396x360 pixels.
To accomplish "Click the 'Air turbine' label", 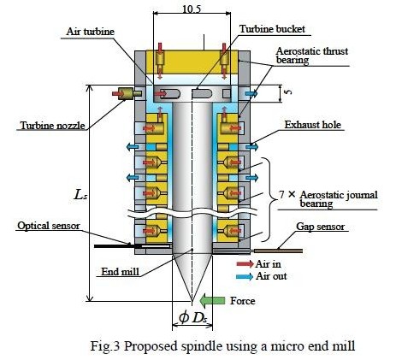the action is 90,32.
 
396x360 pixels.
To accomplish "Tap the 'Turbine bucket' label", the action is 272,29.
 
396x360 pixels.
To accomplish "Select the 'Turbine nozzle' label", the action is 53,126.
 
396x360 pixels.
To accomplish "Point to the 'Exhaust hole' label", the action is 313,125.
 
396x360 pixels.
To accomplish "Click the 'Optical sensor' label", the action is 49,226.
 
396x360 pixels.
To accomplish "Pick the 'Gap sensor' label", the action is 321,227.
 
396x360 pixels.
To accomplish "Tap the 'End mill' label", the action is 121,272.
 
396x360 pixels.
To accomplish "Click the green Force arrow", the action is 212,300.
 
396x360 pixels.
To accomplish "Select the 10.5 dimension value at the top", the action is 192,9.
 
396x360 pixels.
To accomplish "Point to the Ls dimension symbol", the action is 80,195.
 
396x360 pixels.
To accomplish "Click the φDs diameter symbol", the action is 192,317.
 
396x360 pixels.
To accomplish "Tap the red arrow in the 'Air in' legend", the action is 245,264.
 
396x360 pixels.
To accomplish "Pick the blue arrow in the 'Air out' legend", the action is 245,276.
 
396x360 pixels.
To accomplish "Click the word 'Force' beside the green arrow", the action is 243,301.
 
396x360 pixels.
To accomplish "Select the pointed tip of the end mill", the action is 192,301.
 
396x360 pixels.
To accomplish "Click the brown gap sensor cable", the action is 278,251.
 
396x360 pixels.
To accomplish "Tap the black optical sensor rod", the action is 117,246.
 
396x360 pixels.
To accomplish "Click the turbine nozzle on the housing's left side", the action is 126,93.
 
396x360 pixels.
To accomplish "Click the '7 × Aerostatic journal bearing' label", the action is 328,199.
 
